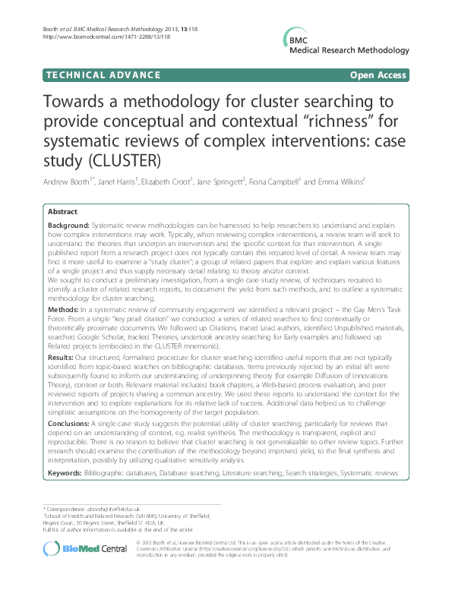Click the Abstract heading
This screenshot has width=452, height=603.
pos(63,212)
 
